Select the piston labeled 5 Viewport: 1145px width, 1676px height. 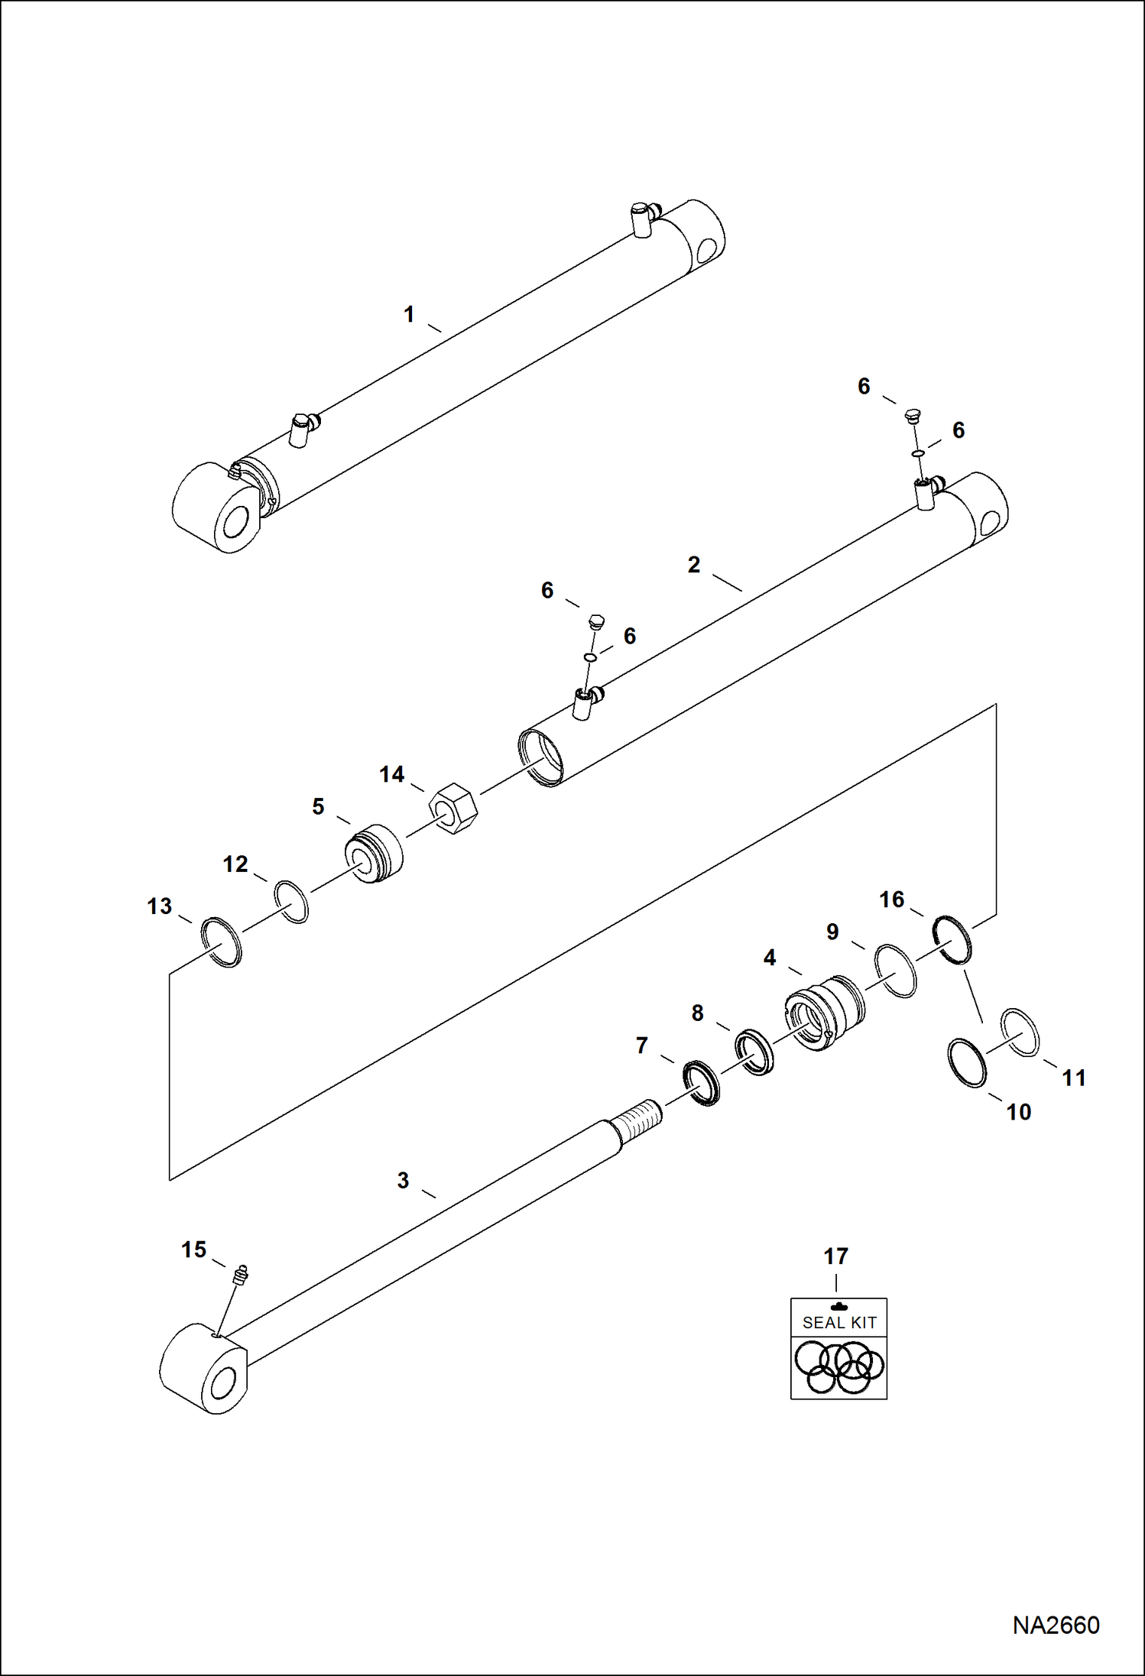(374, 854)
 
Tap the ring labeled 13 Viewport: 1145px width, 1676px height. (221, 942)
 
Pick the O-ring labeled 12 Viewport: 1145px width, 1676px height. (291, 902)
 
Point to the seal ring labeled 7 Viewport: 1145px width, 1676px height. (701, 1083)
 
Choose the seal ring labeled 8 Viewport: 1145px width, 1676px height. (754, 1052)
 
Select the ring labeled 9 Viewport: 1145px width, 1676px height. (895, 971)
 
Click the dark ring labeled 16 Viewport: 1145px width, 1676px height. (952, 938)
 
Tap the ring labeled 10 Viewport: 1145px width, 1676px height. (967, 1062)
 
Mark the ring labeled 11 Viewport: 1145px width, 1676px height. (1020, 1032)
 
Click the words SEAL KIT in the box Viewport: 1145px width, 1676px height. (838, 1323)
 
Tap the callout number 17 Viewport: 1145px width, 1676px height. (835, 1256)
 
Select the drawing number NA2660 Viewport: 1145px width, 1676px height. (1056, 1625)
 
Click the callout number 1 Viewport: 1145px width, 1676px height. (409, 314)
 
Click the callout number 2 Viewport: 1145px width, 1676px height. (693, 565)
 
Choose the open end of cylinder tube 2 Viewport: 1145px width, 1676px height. (540, 757)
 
